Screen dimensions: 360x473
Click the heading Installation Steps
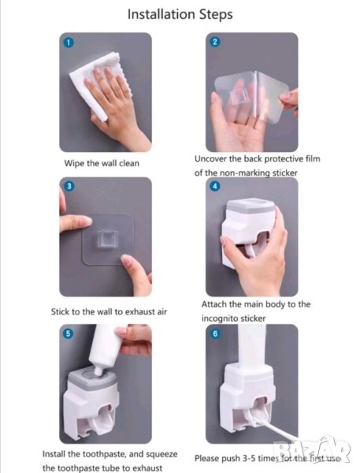[180, 14]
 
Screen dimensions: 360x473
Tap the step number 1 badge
[69, 43]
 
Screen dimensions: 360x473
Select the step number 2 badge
[215, 42]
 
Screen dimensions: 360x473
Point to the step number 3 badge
[69, 186]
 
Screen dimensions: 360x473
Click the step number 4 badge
[215, 186]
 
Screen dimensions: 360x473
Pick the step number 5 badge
[69, 333]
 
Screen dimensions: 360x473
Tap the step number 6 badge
[215, 333]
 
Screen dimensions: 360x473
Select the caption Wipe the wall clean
[102, 163]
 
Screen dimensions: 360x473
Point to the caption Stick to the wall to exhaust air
[109, 311]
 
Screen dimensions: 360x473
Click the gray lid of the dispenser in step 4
[251, 205]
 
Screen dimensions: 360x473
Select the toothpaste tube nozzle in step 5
[98, 370]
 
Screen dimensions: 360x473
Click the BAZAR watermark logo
[311, 449]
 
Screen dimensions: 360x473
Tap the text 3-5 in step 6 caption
[249, 459]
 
